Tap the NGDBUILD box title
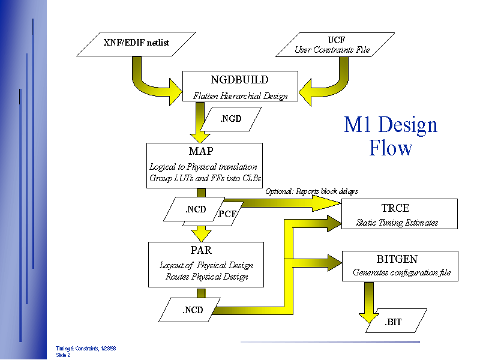239,80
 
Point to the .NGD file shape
231,119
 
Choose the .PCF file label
227,214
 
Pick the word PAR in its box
202,250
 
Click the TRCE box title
395,208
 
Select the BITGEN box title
397,259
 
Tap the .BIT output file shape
394,322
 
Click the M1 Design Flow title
391,136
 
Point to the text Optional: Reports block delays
311,191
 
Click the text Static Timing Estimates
397,223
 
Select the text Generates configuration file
401,273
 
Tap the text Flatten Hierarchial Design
240,96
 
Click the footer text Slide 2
64,355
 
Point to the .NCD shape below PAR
192,310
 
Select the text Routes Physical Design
206,277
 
